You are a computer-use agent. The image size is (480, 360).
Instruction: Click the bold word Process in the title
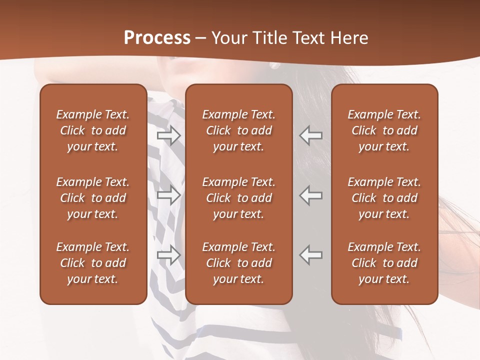coord(157,38)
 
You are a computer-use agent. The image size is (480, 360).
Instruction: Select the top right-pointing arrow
coord(168,135)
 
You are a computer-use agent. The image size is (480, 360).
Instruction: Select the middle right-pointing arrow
coord(168,195)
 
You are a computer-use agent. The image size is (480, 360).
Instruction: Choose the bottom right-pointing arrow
coord(168,255)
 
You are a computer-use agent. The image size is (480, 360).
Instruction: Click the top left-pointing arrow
coord(310,135)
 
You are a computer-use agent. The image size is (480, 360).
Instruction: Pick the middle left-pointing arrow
coord(310,195)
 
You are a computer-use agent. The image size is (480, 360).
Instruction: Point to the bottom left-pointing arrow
coord(310,255)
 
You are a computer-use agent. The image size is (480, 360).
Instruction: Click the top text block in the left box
coord(93,130)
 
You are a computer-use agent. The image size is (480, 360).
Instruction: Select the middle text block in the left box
coord(93,198)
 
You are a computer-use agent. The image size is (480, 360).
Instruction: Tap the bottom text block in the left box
coord(93,263)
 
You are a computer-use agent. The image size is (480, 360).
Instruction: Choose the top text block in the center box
coord(238,130)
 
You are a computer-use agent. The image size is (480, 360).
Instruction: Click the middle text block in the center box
coord(238,198)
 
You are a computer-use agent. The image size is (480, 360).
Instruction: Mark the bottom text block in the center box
coord(238,263)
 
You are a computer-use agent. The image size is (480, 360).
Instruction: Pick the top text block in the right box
coord(384,130)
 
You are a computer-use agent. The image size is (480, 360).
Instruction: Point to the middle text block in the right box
coord(384,198)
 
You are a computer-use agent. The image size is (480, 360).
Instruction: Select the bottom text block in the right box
coord(384,263)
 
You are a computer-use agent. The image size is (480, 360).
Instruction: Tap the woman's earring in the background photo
coord(274,65)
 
